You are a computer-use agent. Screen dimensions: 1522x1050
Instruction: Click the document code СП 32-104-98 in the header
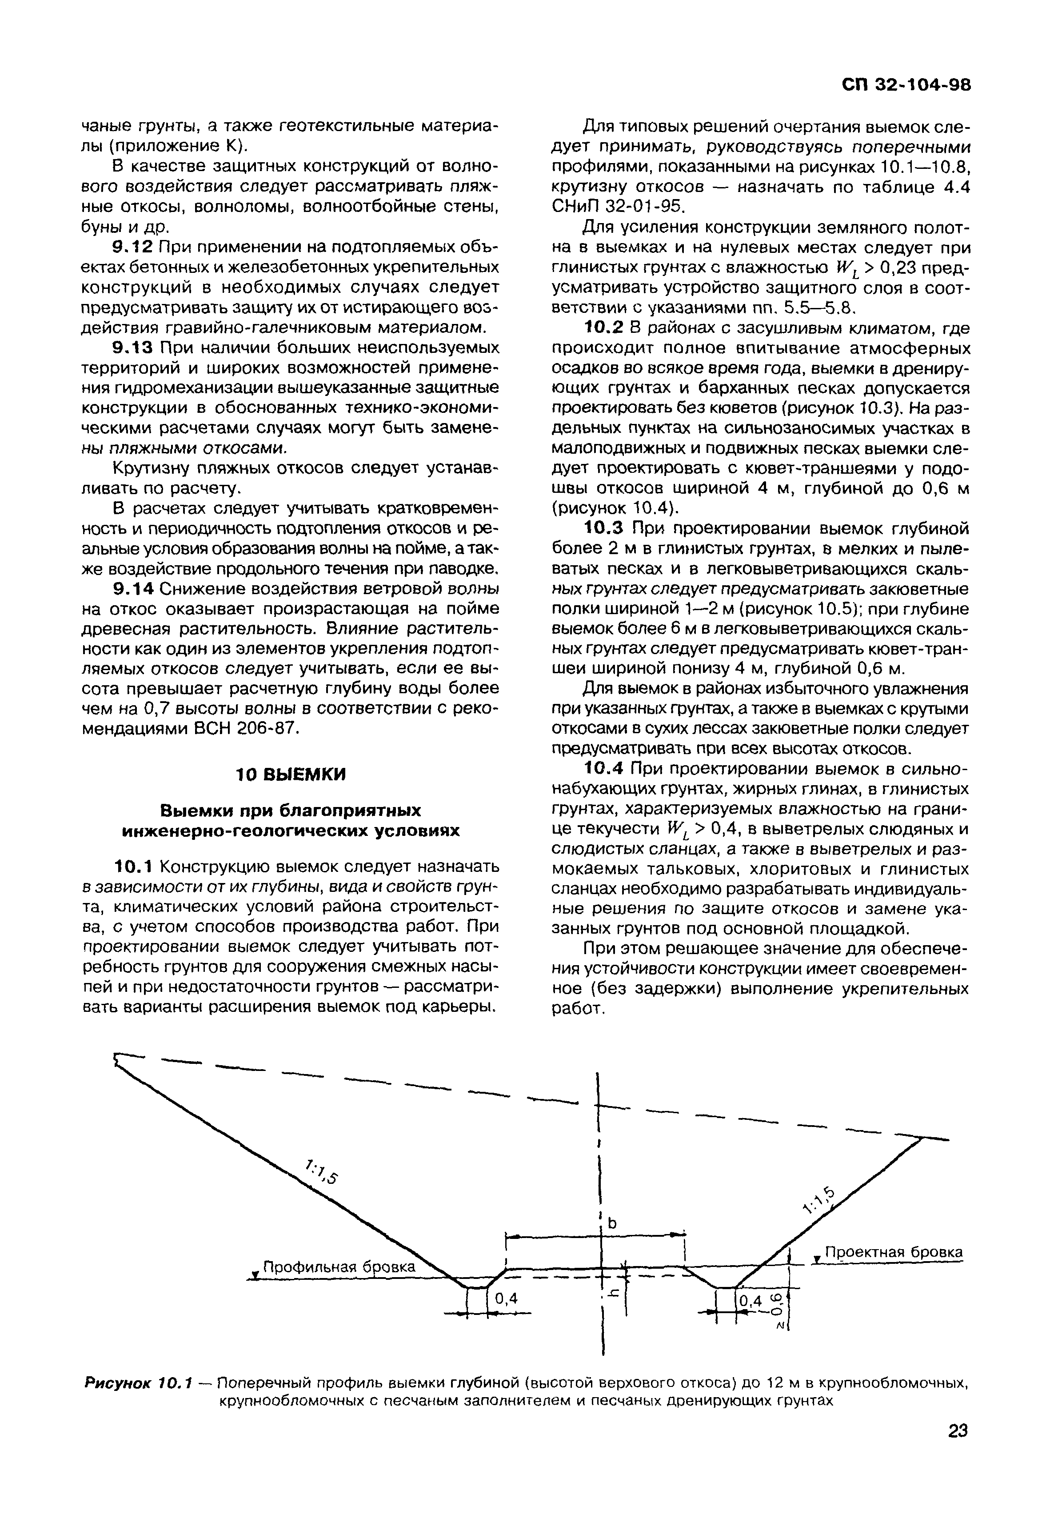(906, 86)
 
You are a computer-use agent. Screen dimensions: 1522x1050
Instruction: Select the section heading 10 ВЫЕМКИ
(290, 775)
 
